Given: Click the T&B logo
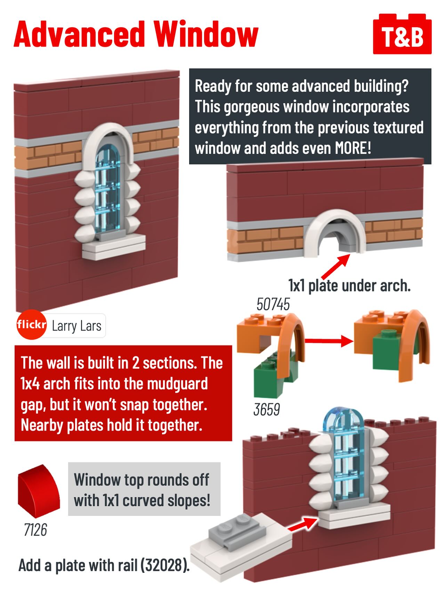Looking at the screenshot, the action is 402,34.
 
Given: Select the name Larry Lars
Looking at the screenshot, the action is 76,326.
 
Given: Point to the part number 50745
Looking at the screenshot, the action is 273,304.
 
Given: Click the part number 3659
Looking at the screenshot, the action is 267,409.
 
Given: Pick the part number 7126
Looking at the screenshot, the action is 35,530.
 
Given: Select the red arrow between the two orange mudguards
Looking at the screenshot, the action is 329,341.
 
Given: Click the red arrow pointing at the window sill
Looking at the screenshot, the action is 303,524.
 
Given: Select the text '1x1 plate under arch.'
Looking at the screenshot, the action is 349,286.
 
